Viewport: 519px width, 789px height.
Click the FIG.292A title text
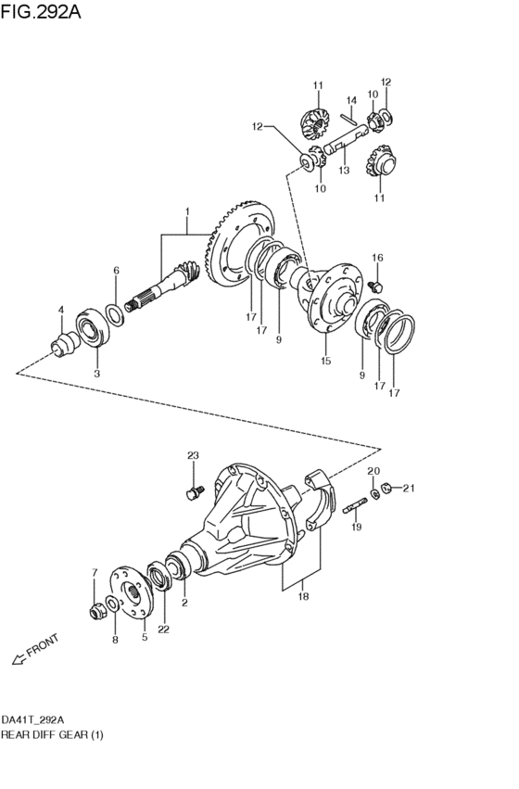[x=40, y=11]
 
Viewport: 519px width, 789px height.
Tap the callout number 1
[x=187, y=210]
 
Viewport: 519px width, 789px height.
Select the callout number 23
[x=193, y=455]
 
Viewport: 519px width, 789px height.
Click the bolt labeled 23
[x=194, y=491]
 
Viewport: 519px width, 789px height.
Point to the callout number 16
[x=377, y=258]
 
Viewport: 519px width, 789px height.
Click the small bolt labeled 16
[x=375, y=286]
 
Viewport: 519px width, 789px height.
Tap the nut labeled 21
[x=386, y=488]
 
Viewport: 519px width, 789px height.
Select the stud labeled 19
[x=355, y=506]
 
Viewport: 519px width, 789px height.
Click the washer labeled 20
[x=374, y=493]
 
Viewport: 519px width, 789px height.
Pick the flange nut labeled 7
[x=96, y=612]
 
